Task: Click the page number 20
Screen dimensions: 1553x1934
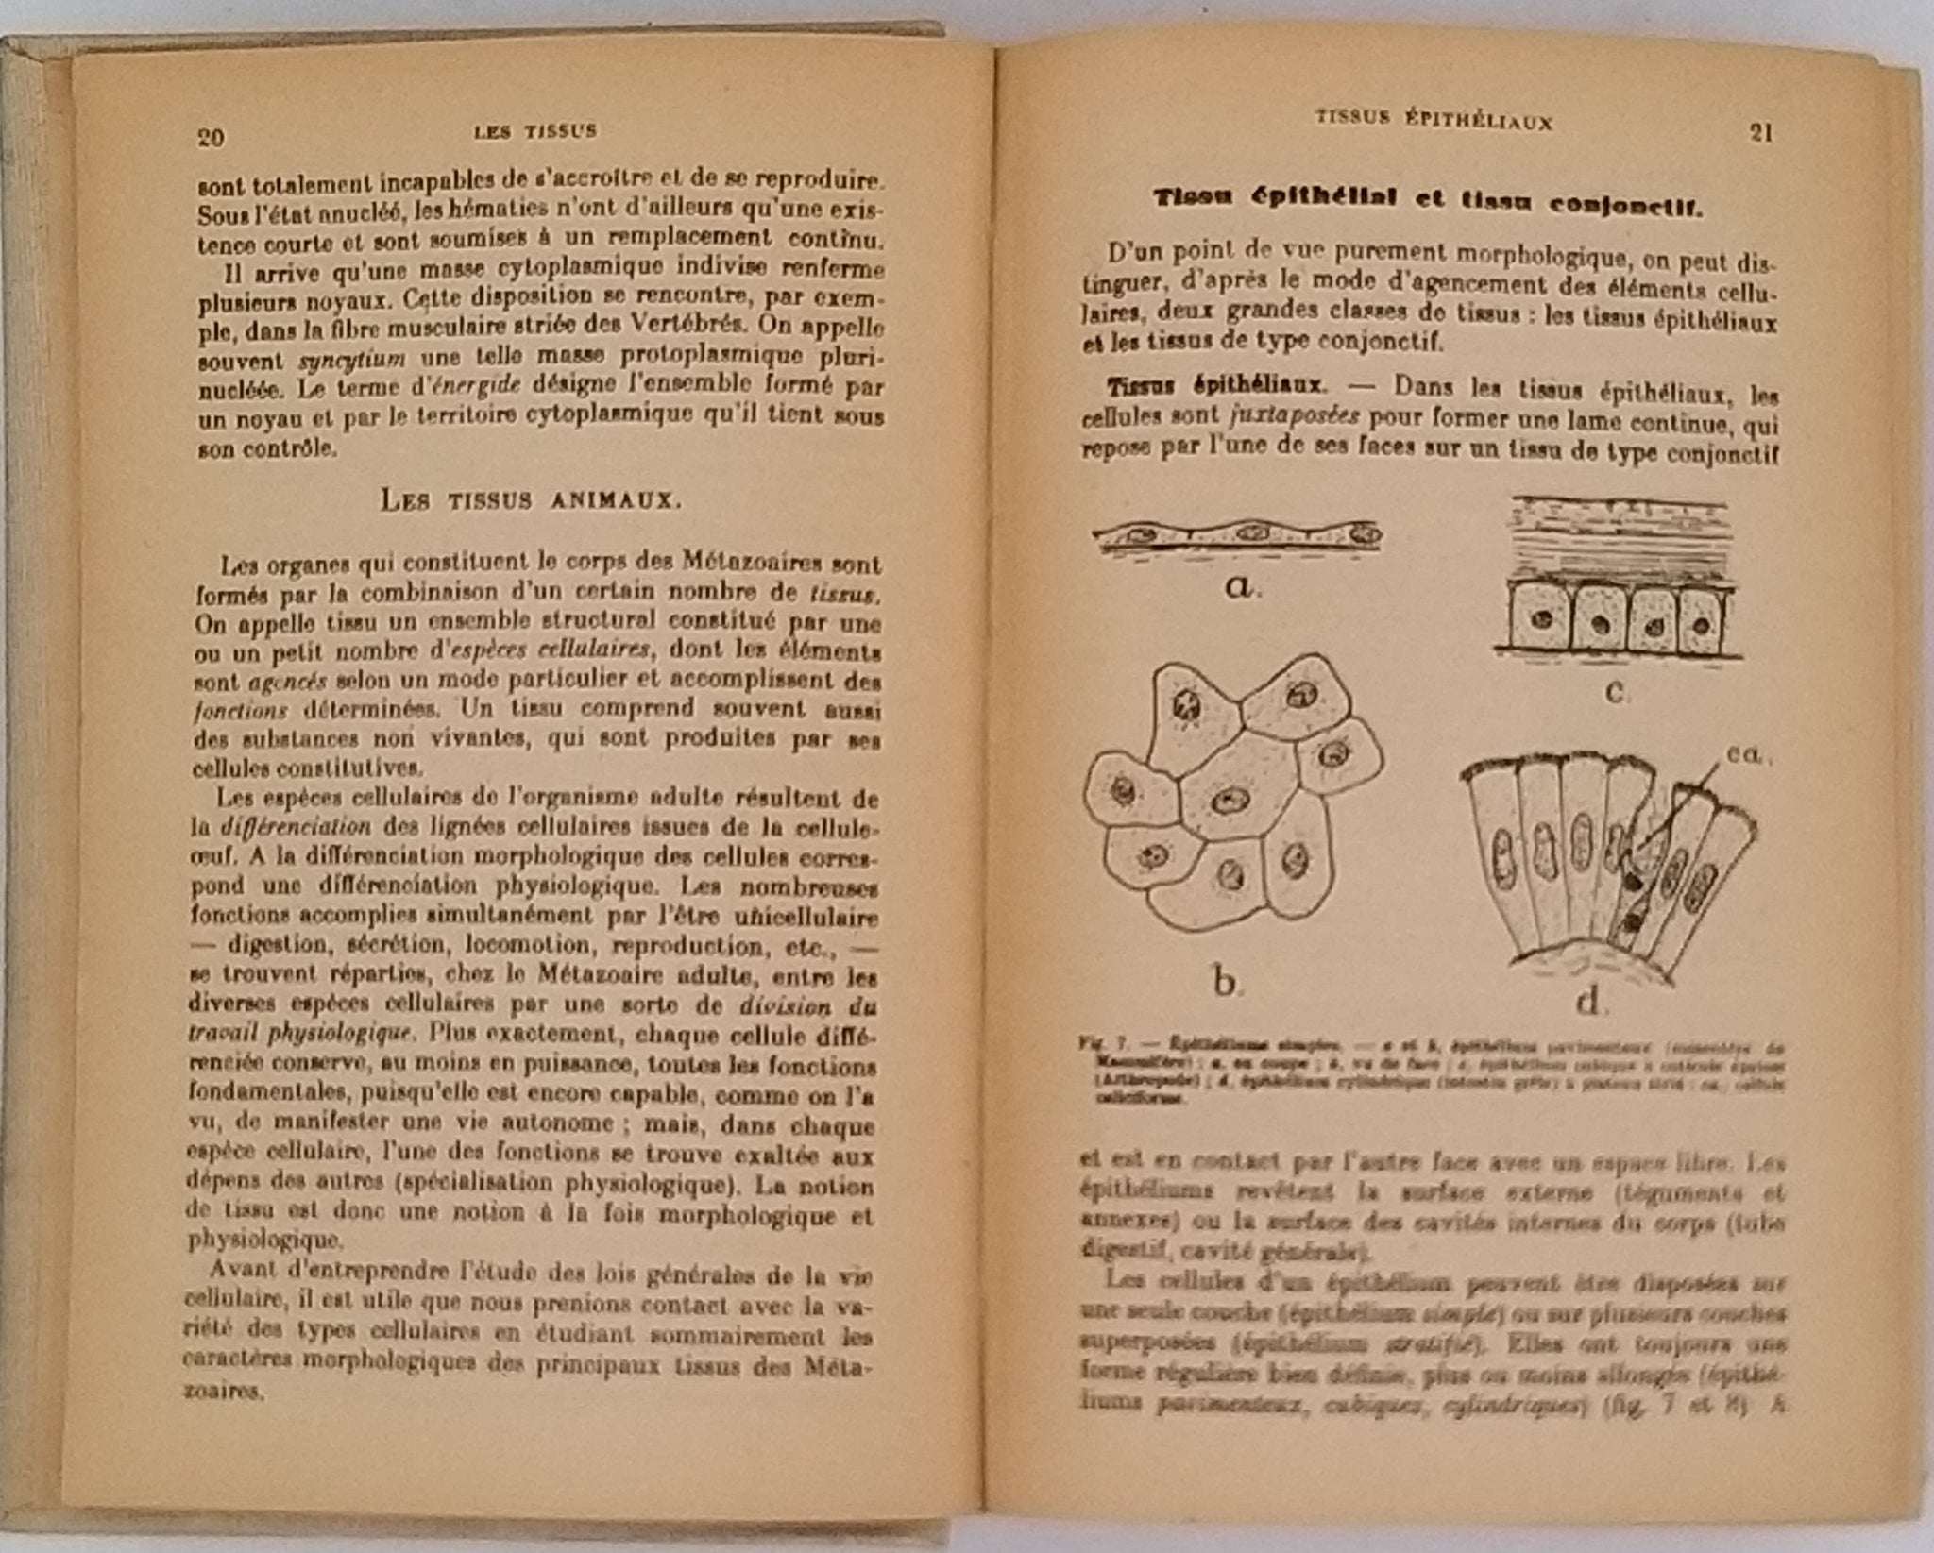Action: (211, 138)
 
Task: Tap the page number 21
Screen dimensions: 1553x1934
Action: (1761, 132)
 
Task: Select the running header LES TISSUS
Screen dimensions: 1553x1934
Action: (535, 131)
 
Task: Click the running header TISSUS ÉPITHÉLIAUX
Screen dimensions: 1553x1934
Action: (1434, 120)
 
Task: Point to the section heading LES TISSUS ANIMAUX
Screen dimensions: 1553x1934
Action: (531, 500)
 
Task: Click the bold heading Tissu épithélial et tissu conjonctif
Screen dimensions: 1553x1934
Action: (1429, 200)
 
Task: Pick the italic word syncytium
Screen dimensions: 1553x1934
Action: (352, 360)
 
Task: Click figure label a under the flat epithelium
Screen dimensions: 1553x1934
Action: (1240, 587)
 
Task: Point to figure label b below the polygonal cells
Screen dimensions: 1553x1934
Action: (1224, 982)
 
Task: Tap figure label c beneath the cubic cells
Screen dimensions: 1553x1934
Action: (1615, 692)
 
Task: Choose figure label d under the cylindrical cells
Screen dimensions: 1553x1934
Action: (1588, 1001)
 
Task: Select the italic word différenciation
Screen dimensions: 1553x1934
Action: (296, 827)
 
